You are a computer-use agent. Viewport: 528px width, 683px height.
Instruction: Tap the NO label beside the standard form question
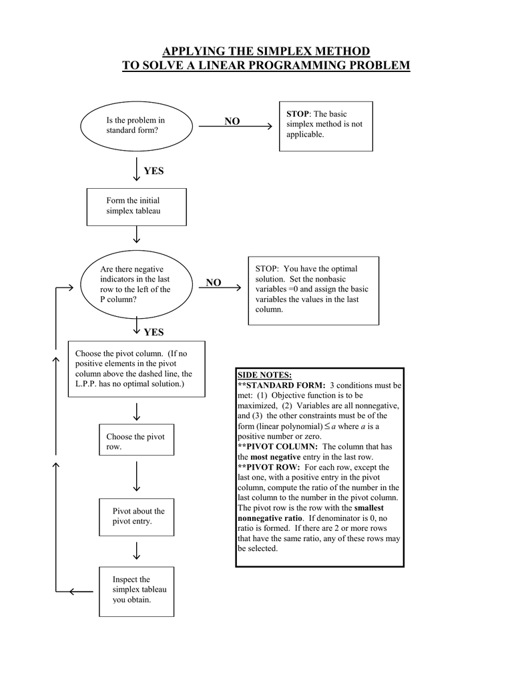(232, 121)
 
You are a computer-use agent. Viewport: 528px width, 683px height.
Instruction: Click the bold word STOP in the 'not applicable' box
(297, 113)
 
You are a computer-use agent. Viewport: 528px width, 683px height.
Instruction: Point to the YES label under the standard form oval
(154, 171)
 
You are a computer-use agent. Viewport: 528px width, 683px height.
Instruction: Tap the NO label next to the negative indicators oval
(214, 282)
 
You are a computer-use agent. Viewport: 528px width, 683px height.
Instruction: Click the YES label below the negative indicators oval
(154, 332)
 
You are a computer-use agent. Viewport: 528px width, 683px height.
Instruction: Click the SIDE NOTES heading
(264, 375)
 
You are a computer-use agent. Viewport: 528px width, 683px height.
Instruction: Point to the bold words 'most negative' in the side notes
(275, 457)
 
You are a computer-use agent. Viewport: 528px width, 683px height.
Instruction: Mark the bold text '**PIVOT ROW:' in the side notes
(268, 467)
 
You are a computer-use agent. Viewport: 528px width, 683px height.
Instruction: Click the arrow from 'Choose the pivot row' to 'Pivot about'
(136, 476)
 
